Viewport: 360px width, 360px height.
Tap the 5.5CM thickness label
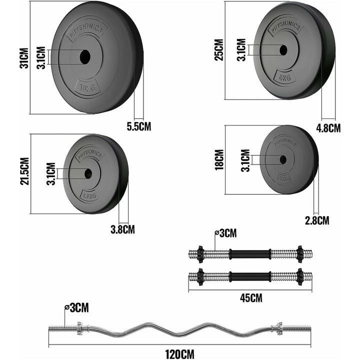[x=139, y=126]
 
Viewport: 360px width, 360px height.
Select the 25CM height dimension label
[x=218, y=49]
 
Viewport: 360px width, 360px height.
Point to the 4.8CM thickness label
[x=328, y=127]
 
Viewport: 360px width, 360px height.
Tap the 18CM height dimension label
[x=218, y=160]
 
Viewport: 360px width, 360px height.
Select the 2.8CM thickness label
[x=317, y=220]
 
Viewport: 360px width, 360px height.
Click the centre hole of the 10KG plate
[x=86, y=56]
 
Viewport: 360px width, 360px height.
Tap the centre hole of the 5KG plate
[x=283, y=50]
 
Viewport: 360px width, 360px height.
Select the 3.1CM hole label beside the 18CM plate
[x=245, y=160]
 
